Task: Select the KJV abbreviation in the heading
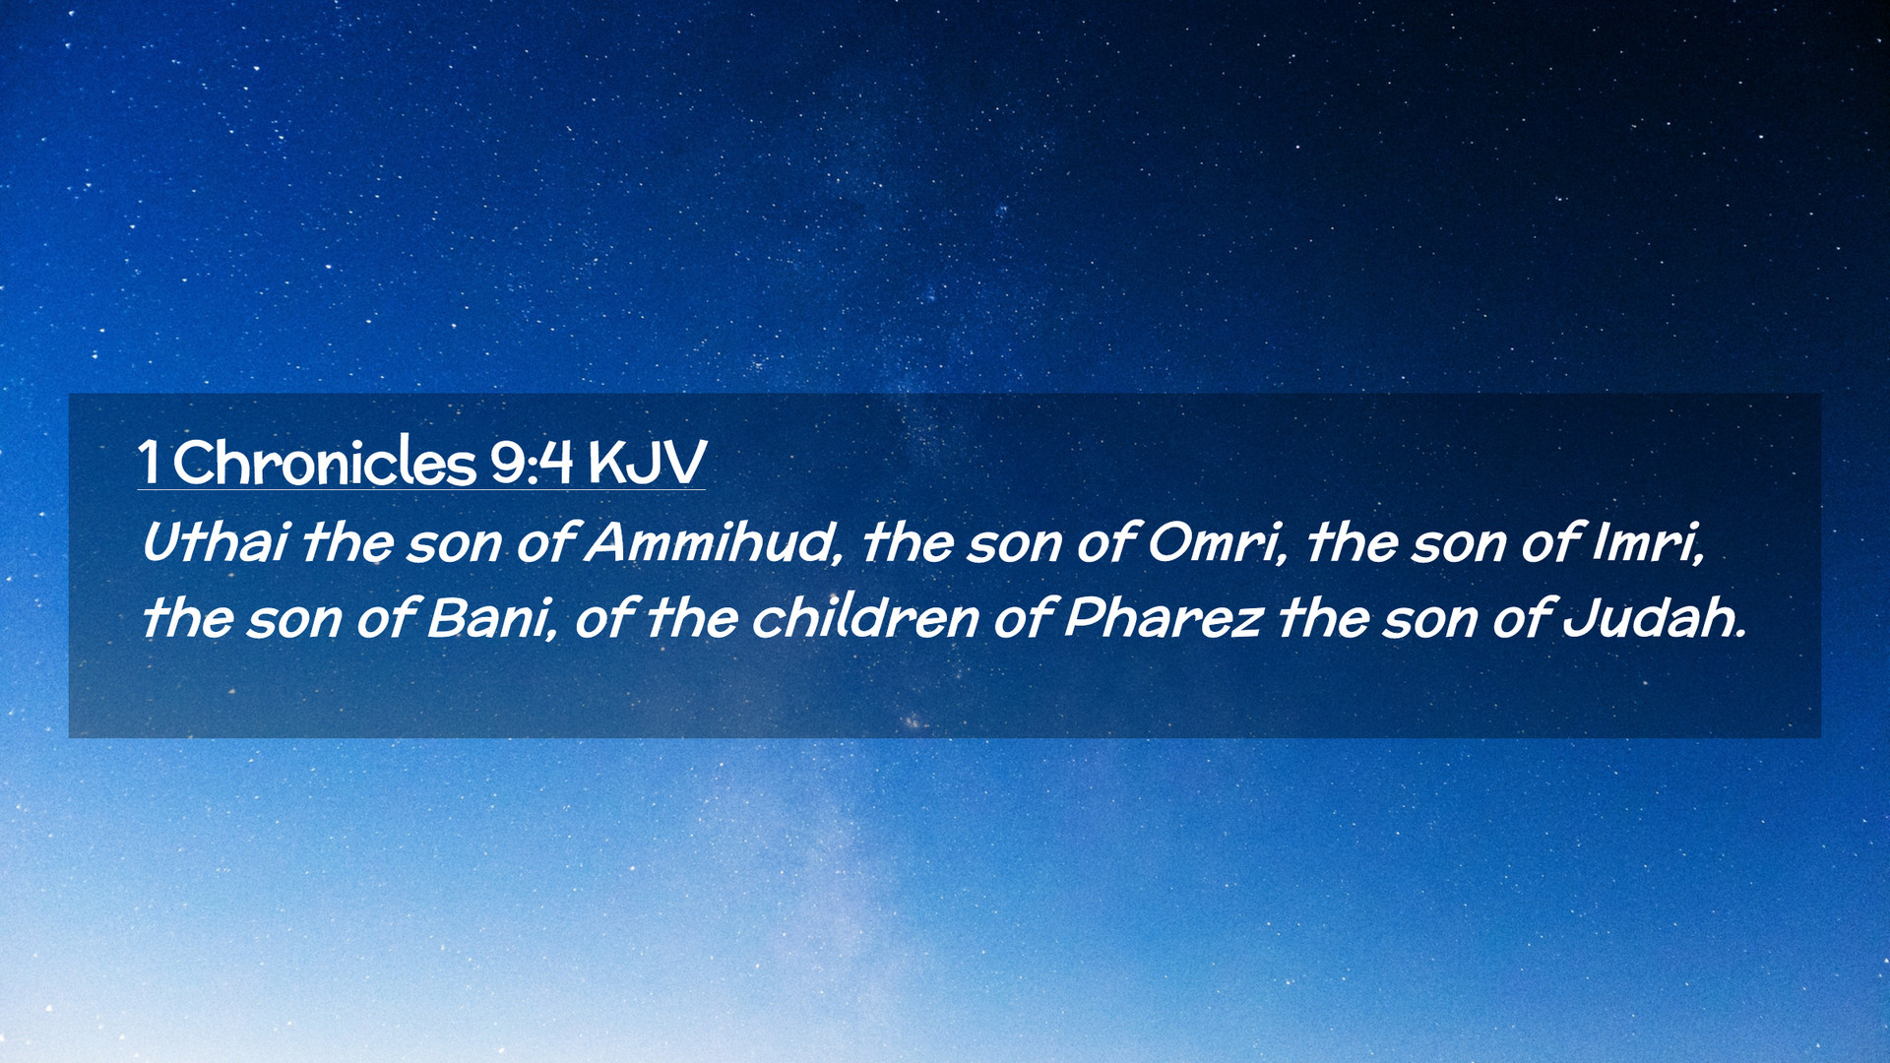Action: point(648,462)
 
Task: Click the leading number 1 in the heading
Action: point(149,462)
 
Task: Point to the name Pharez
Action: point(1163,618)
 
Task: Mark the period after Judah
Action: point(1740,634)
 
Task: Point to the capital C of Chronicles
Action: point(194,463)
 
